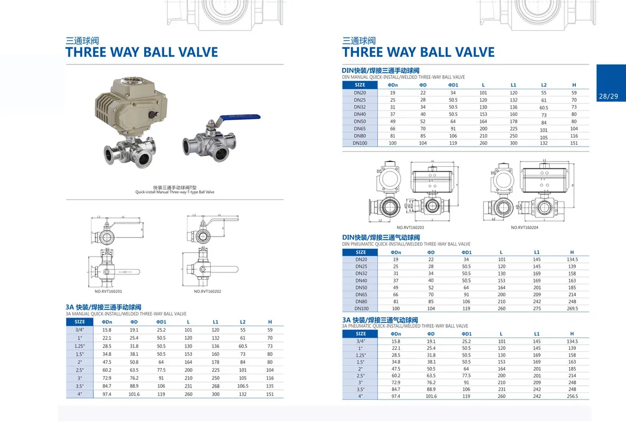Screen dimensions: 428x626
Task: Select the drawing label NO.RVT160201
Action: tap(108, 291)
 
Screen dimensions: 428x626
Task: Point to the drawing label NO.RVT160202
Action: tap(207, 291)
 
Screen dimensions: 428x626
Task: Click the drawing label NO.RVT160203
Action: tap(410, 228)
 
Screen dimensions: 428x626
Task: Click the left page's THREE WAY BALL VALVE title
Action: tap(142, 52)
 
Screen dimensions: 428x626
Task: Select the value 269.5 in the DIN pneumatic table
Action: tap(572, 308)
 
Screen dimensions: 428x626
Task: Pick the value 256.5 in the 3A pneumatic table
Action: tap(572, 396)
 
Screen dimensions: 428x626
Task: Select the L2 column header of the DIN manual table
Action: tap(544, 85)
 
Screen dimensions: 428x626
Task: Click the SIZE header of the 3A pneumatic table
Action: tap(361, 333)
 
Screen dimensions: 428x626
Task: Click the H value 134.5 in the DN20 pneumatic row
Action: tap(572, 259)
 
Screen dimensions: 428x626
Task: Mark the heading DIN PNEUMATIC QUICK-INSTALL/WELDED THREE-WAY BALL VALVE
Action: tap(406, 244)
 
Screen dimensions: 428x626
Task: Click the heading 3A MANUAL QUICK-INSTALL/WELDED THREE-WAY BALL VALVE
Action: tap(126, 314)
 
